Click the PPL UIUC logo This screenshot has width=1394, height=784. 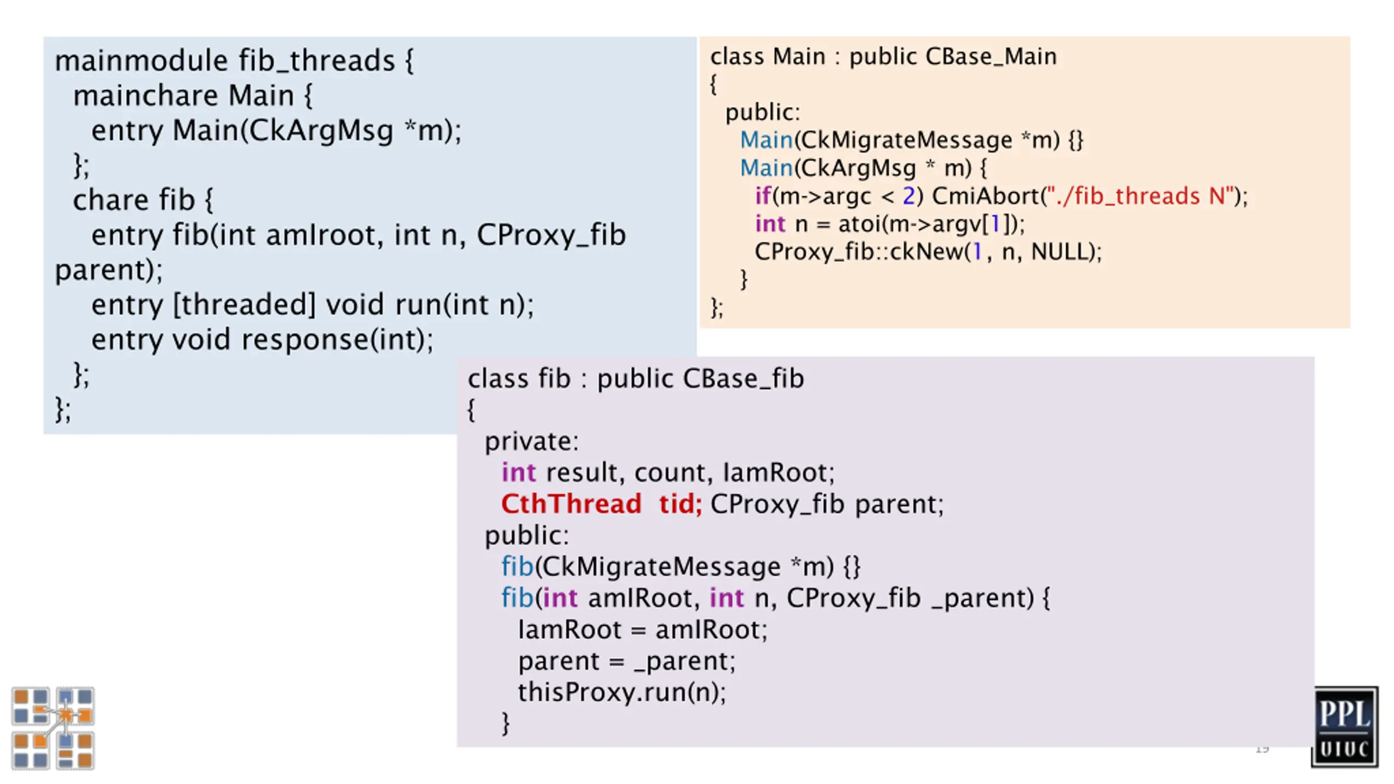[x=1344, y=726]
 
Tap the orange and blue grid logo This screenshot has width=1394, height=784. [x=53, y=728]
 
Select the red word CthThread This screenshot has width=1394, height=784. [x=571, y=504]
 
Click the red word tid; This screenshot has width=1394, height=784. [x=680, y=504]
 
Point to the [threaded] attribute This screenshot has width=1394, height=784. [x=244, y=304]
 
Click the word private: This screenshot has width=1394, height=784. [x=531, y=442]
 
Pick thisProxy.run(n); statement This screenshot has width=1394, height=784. [x=622, y=693]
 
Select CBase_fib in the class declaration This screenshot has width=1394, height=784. [x=743, y=378]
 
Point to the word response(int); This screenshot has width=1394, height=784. [x=338, y=340]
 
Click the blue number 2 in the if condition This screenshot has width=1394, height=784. [x=908, y=196]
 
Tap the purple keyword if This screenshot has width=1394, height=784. [x=763, y=195]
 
